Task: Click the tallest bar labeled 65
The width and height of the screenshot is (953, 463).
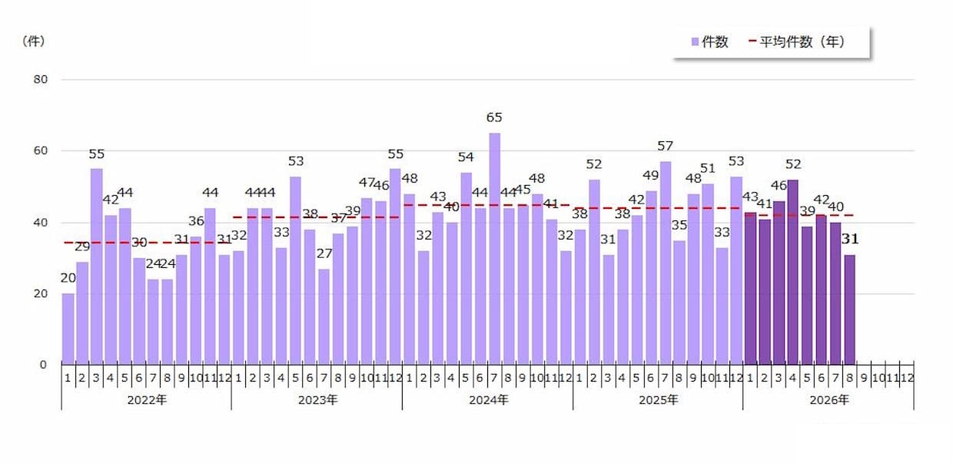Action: click(x=494, y=249)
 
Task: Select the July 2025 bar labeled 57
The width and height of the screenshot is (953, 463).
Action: click(x=666, y=263)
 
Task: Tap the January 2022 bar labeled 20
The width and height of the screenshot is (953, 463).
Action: click(x=68, y=329)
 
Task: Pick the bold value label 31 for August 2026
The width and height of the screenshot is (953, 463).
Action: click(x=850, y=240)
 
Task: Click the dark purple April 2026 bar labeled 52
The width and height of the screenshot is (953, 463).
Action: click(x=793, y=272)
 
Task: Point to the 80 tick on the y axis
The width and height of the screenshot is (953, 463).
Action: click(x=41, y=80)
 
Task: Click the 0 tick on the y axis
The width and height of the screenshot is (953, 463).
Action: click(x=43, y=365)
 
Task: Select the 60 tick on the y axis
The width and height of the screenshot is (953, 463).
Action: click(x=41, y=150)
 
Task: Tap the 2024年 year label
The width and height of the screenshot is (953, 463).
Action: click(x=489, y=400)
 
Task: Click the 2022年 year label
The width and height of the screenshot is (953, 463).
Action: click(x=148, y=400)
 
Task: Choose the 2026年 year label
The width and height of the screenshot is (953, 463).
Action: click(x=829, y=400)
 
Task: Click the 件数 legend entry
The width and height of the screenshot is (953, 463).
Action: click(x=709, y=41)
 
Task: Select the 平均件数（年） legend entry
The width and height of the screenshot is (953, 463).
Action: click(x=796, y=41)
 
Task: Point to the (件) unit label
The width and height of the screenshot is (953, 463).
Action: click(x=34, y=41)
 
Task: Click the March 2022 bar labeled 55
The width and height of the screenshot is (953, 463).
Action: click(x=97, y=266)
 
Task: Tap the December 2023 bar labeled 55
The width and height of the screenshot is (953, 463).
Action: click(x=395, y=266)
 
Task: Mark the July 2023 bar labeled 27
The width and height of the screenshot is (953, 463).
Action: click(x=324, y=317)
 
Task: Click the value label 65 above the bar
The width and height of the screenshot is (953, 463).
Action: click(x=494, y=117)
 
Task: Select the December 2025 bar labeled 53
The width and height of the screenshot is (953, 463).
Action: click(x=736, y=270)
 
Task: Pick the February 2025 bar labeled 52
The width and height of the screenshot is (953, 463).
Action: click(x=594, y=272)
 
